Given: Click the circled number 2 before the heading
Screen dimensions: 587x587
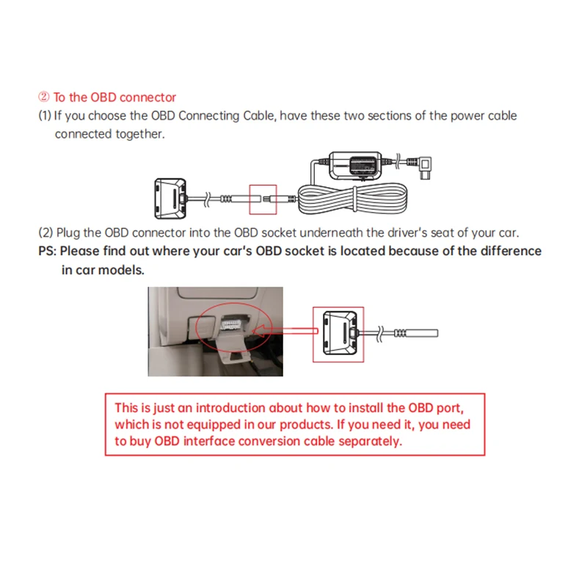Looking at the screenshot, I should pyautogui.click(x=43, y=97).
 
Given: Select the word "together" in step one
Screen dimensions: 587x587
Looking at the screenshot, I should pyautogui.click(x=139, y=134).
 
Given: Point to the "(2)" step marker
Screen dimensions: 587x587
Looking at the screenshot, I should pyautogui.click(x=45, y=233).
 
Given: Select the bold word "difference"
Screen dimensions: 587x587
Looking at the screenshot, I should pyautogui.click(x=511, y=251).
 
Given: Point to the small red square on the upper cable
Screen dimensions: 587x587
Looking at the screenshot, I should pyautogui.click(x=263, y=198).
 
